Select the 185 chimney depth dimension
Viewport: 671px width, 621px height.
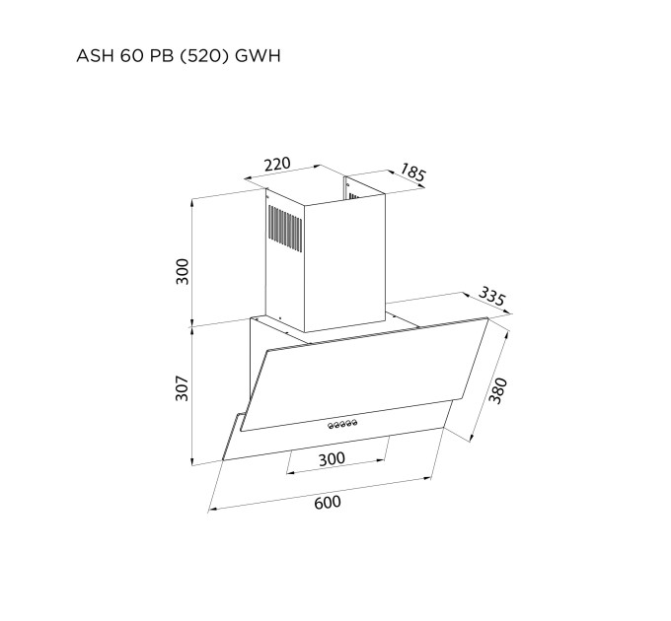(411, 173)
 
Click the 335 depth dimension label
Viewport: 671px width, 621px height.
(491, 297)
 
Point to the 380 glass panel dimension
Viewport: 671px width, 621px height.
(497, 391)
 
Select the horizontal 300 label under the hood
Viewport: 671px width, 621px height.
(332, 458)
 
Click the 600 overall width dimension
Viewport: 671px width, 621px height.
(327, 503)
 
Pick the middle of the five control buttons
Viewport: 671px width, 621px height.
(339, 425)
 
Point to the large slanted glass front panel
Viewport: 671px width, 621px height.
(365, 379)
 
